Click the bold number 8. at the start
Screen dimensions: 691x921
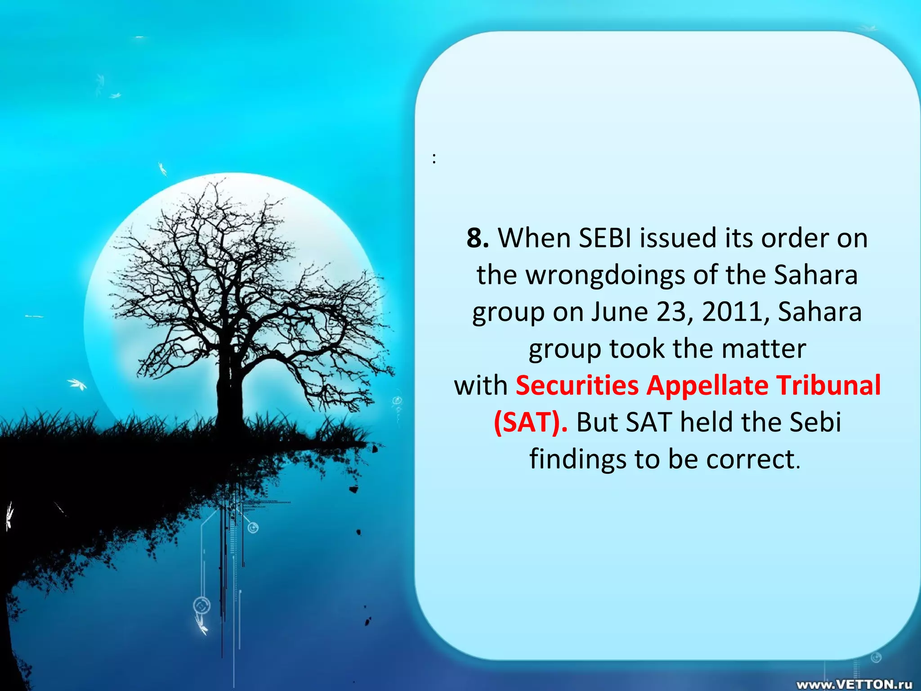(x=478, y=238)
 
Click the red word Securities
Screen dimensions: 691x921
(x=577, y=386)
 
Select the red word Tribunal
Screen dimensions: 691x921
(x=829, y=386)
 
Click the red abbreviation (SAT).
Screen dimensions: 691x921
(x=530, y=423)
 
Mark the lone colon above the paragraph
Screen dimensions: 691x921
(x=434, y=158)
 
